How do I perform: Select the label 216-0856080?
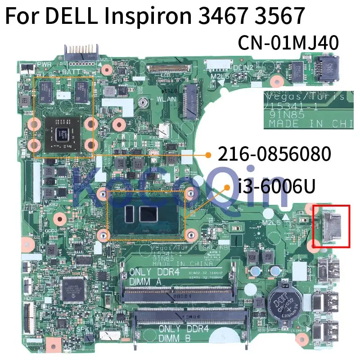[275, 154]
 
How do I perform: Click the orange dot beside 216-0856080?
[208, 155]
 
